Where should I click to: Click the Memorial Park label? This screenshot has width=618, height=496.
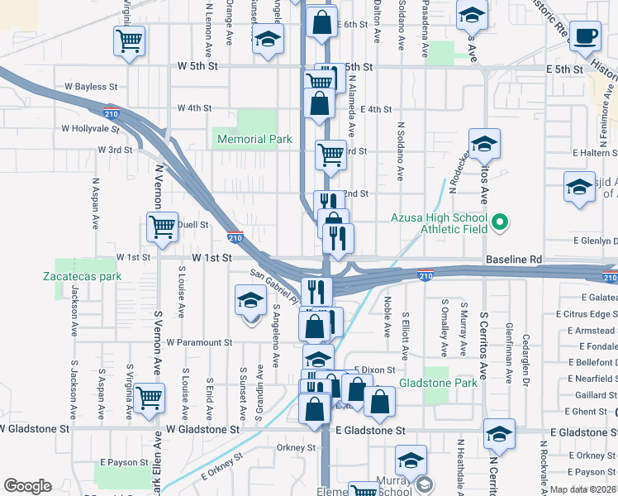pyautogui.click(x=254, y=140)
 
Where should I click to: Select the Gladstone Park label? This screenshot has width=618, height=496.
pyautogui.click(x=438, y=383)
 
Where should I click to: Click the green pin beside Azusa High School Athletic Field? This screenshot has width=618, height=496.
pyautogui.click(x=499, y=222)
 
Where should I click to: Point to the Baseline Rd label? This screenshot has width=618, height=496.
pyautogui.click(x=514, y=259)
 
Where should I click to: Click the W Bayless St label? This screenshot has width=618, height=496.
pyautogui.click(x=91, y=86)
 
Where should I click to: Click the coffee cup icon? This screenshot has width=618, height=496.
pyautogui.click(x=587, y=36)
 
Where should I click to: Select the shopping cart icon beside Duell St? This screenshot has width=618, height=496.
pyautogui.click(x=162, y=227)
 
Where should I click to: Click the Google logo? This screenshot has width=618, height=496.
pyautogui.click(x=27, y=486)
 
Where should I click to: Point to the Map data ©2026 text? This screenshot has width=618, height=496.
pyautogui.click(x=583, y=489)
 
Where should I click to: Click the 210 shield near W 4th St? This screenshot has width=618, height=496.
pyautogui.click(x=109, y=112)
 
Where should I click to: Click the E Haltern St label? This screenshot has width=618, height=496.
pyautogui.click(x=594, y=153)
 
